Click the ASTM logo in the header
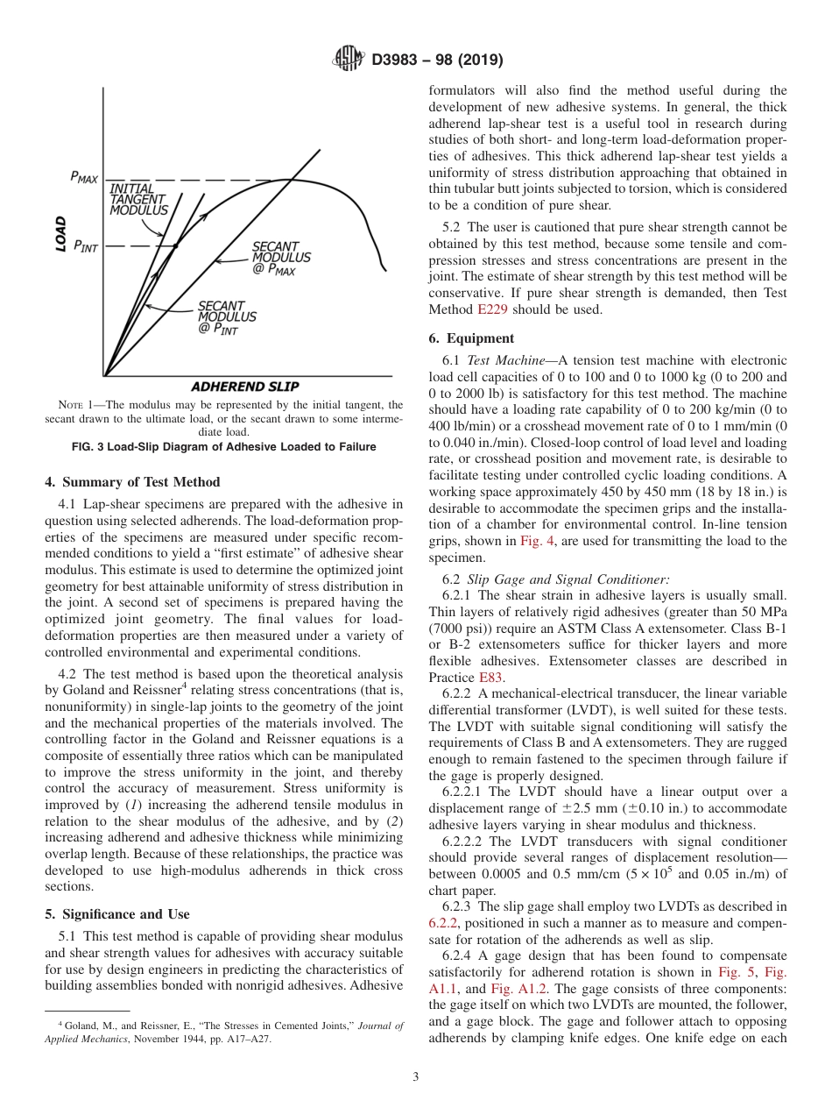[349, 60]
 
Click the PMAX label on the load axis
[84, 178]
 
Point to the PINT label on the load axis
[85, 246]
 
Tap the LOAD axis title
[60, 234]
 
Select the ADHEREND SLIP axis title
[244, 387]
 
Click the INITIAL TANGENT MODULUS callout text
[138, 200]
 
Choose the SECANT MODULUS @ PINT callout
[226, 317]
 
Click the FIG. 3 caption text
[223, 447]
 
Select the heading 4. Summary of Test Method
[132, 482]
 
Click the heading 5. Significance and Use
[116, 914]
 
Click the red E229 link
[492, 309]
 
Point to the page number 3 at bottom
[415, 1077]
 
